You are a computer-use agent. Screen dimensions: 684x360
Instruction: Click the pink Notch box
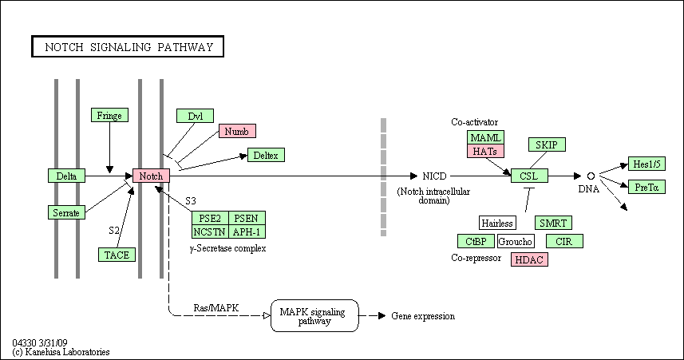(x=151, y=176)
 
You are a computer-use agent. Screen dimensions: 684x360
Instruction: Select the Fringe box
(x=109, y=115)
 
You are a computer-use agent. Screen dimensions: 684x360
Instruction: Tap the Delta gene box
(x=66, y=176)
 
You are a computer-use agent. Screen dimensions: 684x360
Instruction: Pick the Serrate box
(x=66, y=212)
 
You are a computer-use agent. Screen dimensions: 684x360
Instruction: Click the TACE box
(x=117, y=255)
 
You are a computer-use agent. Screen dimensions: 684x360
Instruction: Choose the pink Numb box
(x=237, y=131)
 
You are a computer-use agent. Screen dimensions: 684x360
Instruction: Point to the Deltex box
(x=266, y=155)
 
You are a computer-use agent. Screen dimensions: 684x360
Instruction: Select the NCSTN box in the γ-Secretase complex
(x=210, y=231)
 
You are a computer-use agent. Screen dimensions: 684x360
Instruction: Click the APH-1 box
(x=247, y=231)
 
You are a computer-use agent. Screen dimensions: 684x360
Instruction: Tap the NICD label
(x=434, y=176)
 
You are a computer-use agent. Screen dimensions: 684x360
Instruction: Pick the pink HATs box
(x=485, y=151)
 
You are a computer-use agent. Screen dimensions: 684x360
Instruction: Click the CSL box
(x=529, y=176)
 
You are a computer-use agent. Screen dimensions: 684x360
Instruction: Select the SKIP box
(x=547, y=144)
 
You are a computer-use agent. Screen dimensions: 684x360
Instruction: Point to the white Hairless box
(x=497, y=223)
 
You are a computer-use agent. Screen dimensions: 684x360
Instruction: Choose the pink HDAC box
(x=529, y=259)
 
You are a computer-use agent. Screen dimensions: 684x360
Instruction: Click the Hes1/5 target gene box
(x=646, y=164)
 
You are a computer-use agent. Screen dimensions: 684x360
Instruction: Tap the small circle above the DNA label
(x=591, y=176)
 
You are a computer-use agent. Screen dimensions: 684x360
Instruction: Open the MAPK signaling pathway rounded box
(x=314, y=315)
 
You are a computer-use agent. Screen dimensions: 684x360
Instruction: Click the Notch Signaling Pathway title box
(x=128, y=46)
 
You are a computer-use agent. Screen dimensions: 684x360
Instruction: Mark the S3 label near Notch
(x=191, y=200)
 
